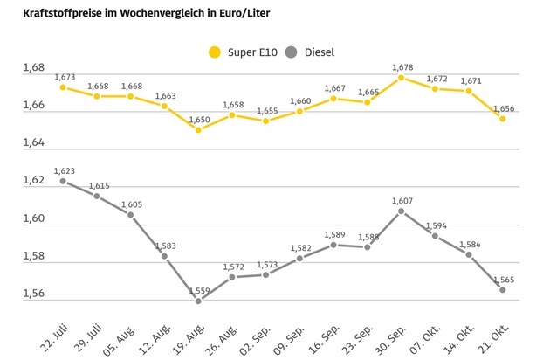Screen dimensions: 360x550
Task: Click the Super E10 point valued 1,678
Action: click(x=401, y=78)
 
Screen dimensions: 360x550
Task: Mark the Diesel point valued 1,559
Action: click(x=198, y=301)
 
